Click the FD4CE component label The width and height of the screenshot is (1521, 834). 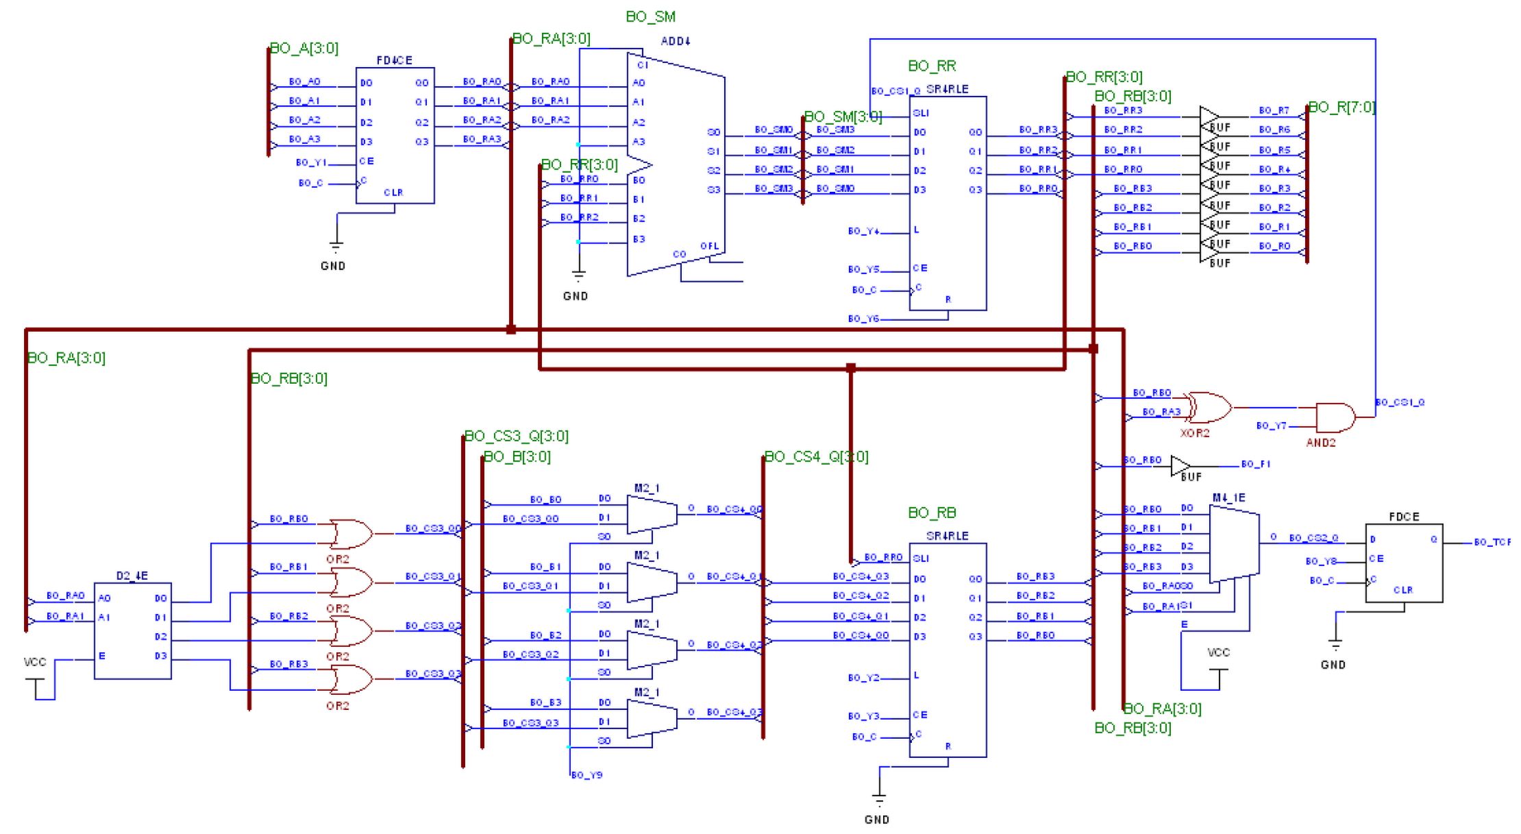tap(394, 60)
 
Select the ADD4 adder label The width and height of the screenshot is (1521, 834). tap(675, 41)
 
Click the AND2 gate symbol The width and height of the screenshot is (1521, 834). tap(1335, 417)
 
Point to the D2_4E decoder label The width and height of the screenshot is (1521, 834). tap(132, 576)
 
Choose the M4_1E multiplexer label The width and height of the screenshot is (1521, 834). tap(1228, 498)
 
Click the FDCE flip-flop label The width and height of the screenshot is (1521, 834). tap(1404, 517)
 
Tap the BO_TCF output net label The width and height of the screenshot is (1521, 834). tap(1492, 542)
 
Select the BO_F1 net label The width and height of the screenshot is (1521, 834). tap(1255, 464)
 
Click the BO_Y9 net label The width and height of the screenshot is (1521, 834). tap(586, 775)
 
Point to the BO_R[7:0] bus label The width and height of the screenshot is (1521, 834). tap(1341, 107)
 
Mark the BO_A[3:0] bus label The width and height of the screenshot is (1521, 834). tap(304, 48)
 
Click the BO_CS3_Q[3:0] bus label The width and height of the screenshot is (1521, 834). tap(517, 436)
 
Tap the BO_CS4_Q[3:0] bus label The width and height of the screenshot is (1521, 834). tap(816, 456)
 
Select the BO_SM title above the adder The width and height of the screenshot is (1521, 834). tap(650, 16)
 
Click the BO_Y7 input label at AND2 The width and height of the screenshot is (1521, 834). tap(1271, 426)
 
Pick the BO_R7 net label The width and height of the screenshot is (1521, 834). tap(1274, 110)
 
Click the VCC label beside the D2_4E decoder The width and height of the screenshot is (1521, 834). tap(35, 662)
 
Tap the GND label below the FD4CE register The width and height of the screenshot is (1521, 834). tap(333, 266)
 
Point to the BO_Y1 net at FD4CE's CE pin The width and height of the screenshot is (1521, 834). tap(311, 162)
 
